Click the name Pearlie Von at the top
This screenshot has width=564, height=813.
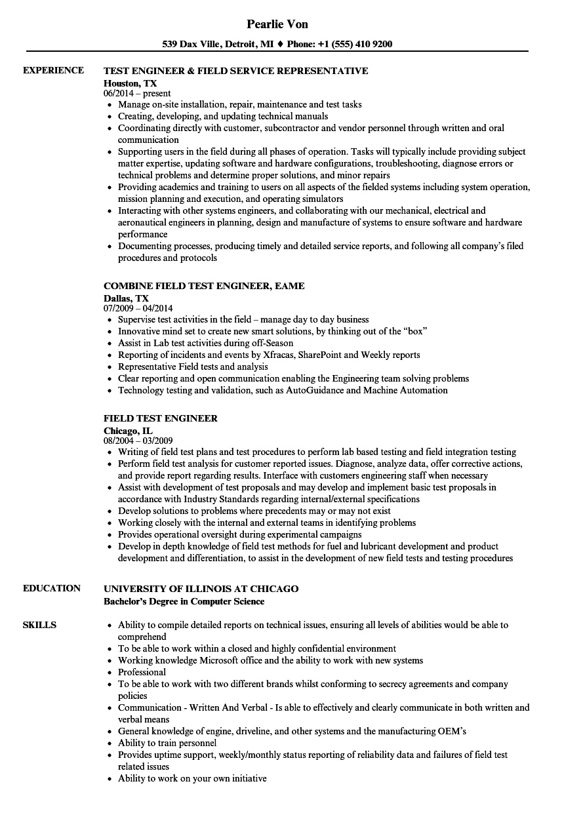click(x=277, y=24)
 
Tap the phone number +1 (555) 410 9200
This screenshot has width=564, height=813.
click(x=355, y=45)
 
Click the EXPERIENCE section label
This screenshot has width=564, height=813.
click(x=53, y=70)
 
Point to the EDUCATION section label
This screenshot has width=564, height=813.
click(x=52, y=588)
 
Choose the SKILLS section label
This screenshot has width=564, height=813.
click(x=39, y=625)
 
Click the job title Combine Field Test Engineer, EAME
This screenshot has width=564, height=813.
click(x=204, y=286)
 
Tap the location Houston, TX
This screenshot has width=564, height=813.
click(x=131, y=83)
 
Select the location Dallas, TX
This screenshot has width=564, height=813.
click(x=126, y=298)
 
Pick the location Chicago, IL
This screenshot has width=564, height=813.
click(x=128, y=431)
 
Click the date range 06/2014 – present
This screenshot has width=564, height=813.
click(x=137, y=94)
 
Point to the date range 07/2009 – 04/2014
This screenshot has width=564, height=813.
click(x=138, y=308)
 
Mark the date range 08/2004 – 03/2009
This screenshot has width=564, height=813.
click(x=138, y=441)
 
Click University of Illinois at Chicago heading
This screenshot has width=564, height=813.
click(x=201, y=589)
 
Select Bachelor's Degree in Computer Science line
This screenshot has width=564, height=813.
click(x=184, y=601)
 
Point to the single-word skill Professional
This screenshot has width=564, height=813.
click(x=142, y=672)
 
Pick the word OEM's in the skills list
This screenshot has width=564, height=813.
click(x=452, y=731)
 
